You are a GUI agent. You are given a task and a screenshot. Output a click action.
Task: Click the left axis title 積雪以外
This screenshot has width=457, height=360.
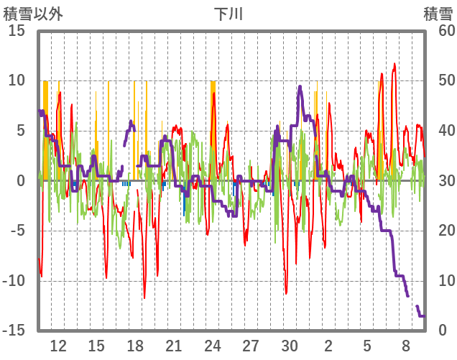[x=33, y=14]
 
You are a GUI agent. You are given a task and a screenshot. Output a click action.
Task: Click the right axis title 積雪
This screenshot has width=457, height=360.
[x=438, y=14]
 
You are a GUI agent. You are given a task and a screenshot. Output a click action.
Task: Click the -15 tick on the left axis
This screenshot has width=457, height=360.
[x=15, y=331]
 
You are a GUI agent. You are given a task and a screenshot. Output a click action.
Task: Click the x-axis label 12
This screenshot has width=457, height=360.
[x=58, y=345]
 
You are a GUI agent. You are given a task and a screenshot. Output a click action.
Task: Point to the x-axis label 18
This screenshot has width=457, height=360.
[x=135, y=345]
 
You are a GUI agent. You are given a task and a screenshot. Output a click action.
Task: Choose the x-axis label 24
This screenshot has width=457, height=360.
[x=212, y=345]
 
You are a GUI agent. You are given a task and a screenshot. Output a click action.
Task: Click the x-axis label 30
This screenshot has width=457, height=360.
[x=290, y=345]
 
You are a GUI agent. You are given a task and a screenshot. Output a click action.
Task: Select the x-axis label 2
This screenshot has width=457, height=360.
[x=328, y=345]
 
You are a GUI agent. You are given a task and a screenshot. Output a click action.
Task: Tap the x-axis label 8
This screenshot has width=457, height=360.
[x=405, y=345]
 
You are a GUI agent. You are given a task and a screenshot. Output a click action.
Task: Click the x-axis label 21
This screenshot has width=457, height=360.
[x=174, y=345]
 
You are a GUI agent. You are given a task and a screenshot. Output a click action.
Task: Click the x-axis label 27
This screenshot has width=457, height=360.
[x=251, y=345]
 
